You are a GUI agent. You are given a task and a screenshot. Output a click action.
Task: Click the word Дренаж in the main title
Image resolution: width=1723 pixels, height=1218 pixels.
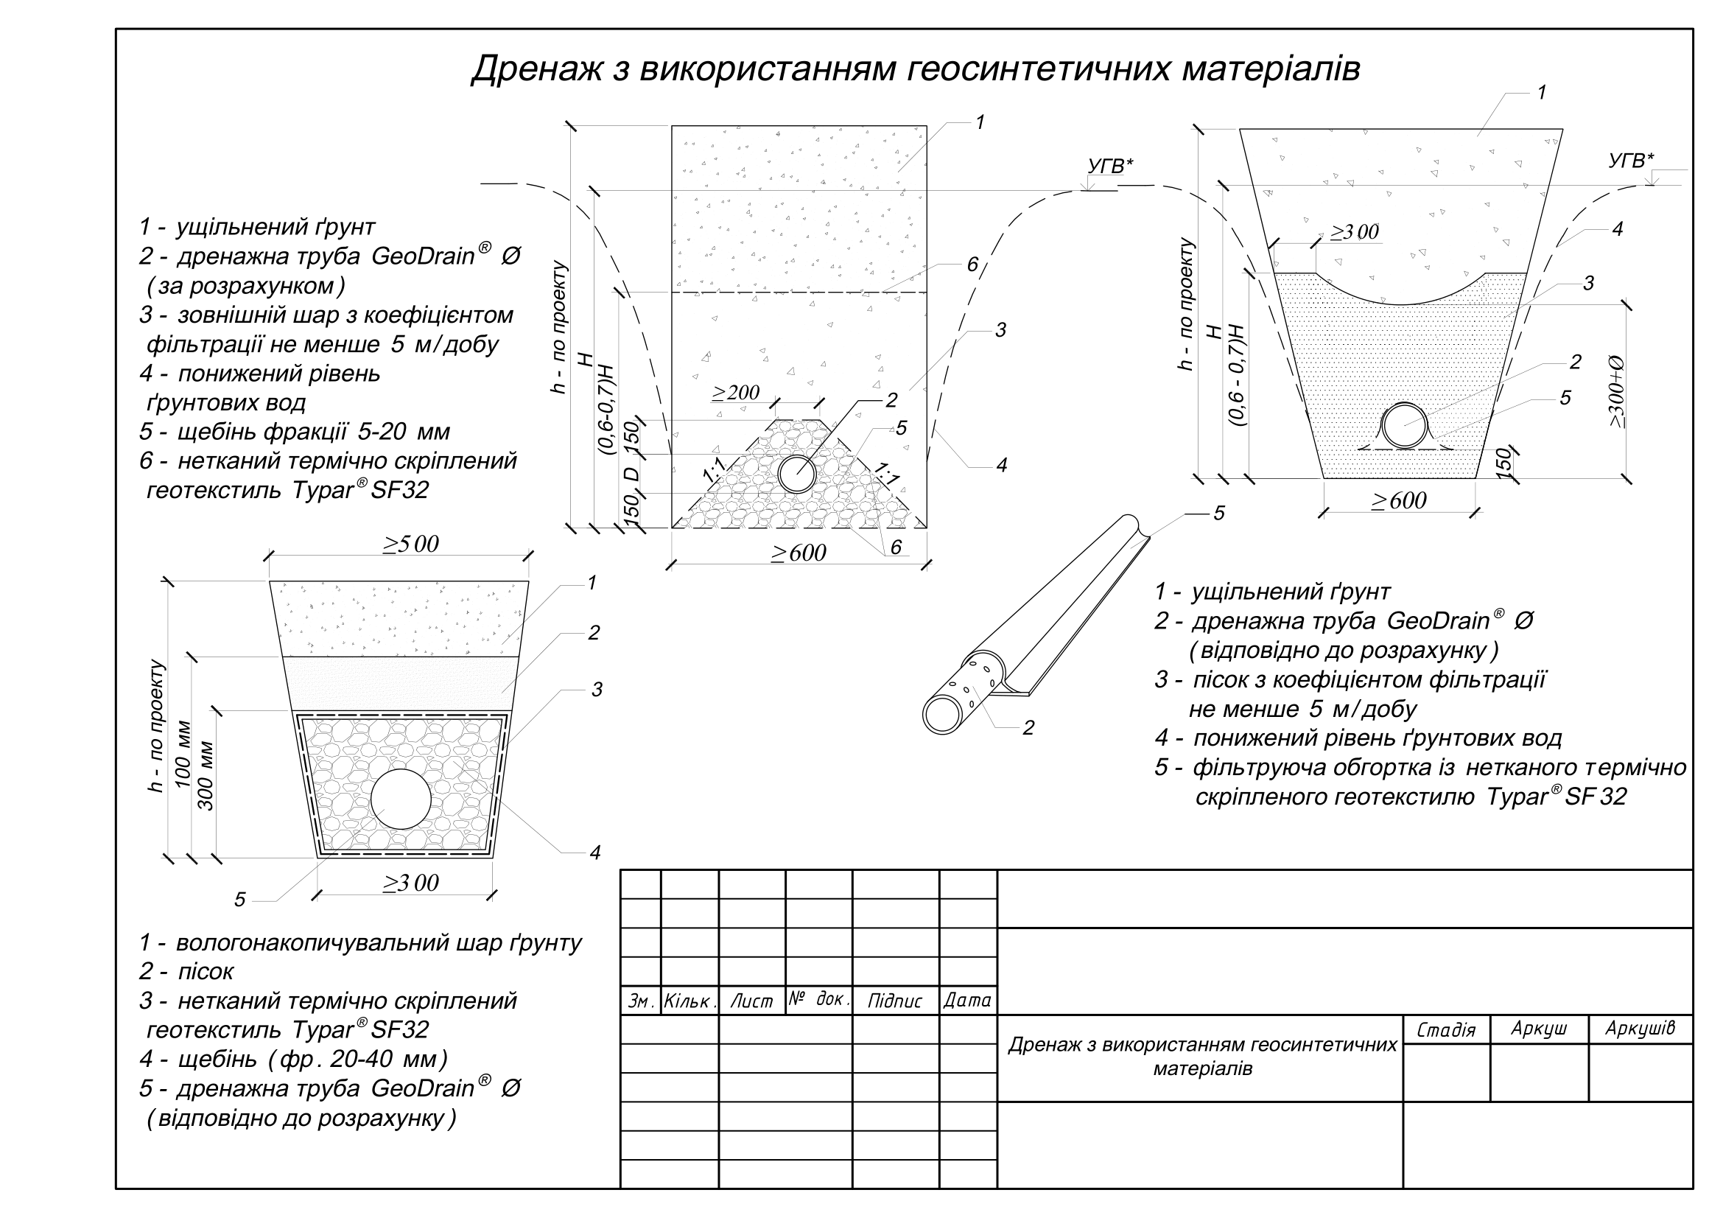coord(536,70)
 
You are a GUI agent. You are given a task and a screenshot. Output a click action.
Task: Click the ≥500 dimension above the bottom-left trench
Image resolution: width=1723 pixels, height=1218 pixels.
coord(410,544)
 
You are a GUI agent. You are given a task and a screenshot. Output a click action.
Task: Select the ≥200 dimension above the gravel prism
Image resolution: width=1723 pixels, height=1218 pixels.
coord(735,393)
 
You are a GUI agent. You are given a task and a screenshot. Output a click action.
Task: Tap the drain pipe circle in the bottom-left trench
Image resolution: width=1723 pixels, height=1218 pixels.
coord(401,799)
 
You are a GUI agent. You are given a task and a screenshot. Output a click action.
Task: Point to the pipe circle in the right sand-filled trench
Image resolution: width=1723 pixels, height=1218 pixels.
coord(1405,425)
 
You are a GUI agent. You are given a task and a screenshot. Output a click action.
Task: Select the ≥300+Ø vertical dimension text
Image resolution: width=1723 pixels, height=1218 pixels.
coord(1617,391)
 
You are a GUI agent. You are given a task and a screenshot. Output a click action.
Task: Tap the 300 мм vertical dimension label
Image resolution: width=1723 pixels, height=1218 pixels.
coord(206,776)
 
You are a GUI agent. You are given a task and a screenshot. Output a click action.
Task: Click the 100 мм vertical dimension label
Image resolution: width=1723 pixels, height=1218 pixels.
coord(183,755)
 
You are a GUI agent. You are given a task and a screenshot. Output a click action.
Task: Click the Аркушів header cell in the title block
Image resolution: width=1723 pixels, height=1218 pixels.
coord(1640,1029)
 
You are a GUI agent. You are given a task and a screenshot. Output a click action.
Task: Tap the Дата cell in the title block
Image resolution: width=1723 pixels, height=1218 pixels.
coord(967,1001)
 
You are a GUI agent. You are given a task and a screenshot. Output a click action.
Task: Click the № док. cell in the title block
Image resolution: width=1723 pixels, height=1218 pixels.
coord(818,1000)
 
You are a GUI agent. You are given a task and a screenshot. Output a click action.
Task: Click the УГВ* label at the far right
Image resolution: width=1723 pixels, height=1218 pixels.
coord(1631,161)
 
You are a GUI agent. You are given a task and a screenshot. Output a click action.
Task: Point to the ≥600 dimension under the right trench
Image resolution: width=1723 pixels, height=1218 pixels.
coord(1399,500)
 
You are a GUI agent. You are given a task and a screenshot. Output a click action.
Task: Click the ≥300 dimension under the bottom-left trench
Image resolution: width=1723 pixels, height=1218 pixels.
coord(410,883)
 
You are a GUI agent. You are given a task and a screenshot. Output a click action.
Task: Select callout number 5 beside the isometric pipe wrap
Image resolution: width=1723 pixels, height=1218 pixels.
coord(1218,514)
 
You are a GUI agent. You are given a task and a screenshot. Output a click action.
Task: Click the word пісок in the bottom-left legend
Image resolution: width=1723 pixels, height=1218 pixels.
coord(206,972)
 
